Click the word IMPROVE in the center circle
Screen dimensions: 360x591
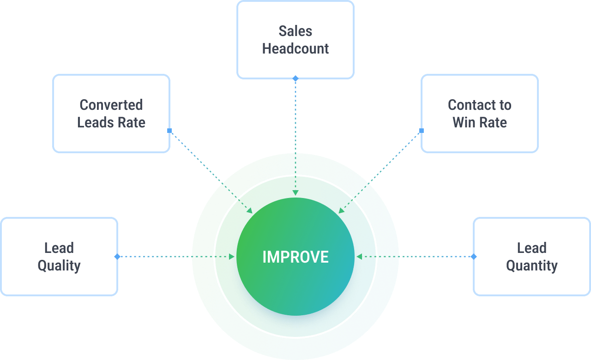[x=295, y=257]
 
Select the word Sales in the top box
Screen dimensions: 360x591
[x=295, y=31]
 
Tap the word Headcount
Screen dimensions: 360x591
[x=295, y=49]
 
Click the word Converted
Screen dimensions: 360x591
[x=111, y=105]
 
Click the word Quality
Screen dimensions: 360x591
[x=59, y=266]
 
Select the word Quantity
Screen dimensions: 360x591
[x=532, y=266]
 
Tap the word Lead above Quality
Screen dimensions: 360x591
[x=59, y=248]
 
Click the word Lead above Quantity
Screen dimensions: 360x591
[x=532, y=248]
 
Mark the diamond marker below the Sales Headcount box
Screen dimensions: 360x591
[x=295, y=79]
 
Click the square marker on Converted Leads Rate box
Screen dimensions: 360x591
[x=169, y=131]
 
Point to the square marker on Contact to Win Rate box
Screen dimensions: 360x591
[x=422, y=131]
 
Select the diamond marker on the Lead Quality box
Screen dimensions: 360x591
[x=117, y=257]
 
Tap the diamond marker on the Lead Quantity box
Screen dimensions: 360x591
[x=474, y=257]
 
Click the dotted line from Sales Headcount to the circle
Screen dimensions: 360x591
[x=295, y=115]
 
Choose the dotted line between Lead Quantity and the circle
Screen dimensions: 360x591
[x=434, y=257]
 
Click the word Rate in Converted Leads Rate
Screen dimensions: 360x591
[x=133, y=123]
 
